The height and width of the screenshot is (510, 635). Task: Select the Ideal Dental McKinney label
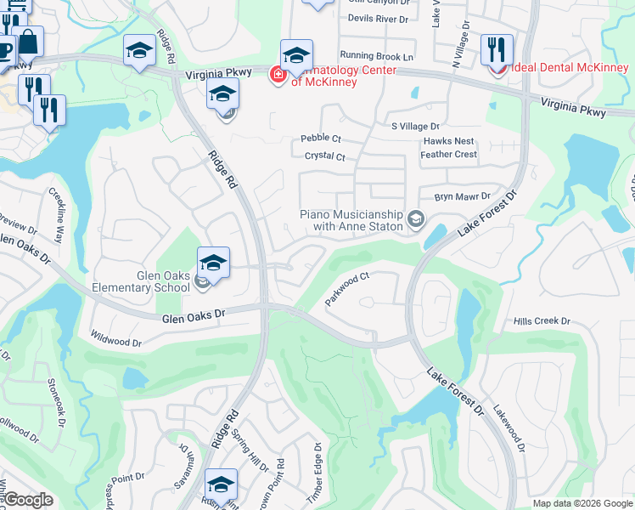click(x=568, y=67)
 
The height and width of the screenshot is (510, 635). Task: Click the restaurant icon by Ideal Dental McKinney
click(x=497, y=48)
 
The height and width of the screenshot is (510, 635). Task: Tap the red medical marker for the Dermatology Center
click(x=277, y=76)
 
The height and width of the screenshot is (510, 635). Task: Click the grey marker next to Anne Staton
click(x=415, y=220)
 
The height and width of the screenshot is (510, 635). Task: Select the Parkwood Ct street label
click(x=348, y=290)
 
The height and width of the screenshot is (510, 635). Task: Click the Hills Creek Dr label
click(x=542, y=321)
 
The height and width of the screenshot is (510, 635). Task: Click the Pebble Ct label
click(x=321, y=139)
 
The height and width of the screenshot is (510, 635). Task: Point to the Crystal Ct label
click(x=324, y=156)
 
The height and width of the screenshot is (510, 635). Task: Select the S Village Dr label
click(x=415, y=126)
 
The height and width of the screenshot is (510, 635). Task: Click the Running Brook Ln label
click(x=376, y=56)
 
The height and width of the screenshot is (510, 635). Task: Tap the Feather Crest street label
click(x=448, y=155)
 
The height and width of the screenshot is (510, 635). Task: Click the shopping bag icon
click(x=27, y=42)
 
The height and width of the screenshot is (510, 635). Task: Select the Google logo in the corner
click(x=27, y=500)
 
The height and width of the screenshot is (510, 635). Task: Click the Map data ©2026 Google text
click(x=582, y=503)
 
